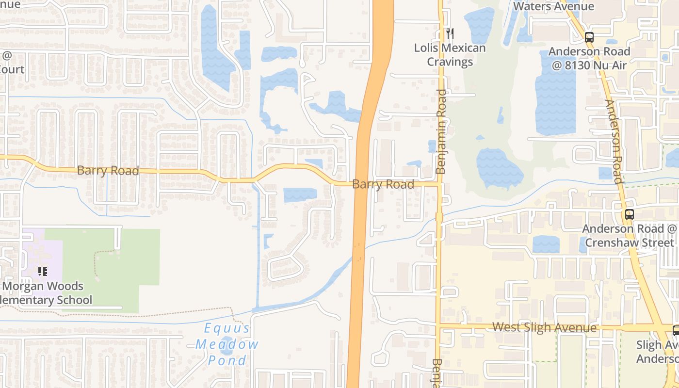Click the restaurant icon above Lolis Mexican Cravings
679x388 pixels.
450,33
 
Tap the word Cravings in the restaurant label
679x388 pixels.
450,62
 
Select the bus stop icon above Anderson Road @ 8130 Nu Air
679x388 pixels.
589,37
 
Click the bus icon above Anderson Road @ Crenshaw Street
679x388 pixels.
630,214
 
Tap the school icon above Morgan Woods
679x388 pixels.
43,272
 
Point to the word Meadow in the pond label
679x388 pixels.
227,344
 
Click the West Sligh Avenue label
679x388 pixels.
544,327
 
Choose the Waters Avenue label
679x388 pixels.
553,6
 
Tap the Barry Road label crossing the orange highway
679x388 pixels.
383,184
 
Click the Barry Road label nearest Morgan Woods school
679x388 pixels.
108,171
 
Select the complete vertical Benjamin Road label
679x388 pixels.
441,131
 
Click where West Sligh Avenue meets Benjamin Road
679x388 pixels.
439,325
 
